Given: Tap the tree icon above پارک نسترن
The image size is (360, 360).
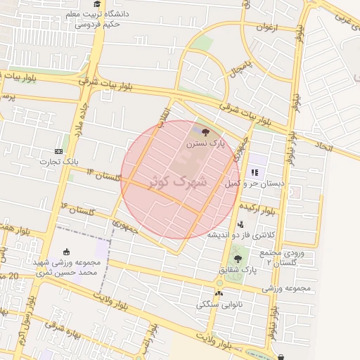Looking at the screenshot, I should [x=205, y=131].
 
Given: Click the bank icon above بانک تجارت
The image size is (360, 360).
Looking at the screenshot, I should [x=58, y=151].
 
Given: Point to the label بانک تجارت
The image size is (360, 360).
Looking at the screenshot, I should [x=58, y=162].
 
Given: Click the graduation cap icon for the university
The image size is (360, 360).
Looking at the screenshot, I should [x=96, y=4].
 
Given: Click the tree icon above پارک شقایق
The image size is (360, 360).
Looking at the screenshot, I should [x=247, y=259].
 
